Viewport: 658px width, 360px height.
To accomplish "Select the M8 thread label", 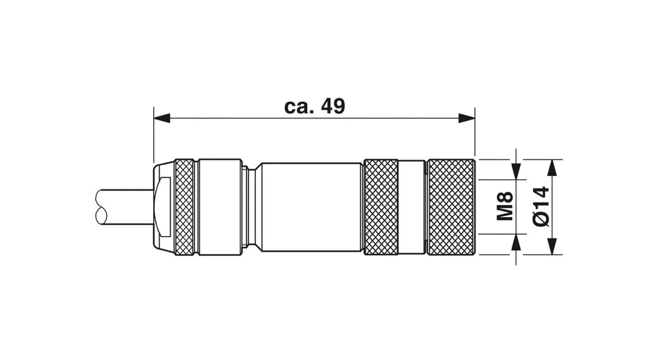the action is pos(505,206).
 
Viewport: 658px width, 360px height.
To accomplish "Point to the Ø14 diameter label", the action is pos(541,206).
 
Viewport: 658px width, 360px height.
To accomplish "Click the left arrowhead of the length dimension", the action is pos(162,118).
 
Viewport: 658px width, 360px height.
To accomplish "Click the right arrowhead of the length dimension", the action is pos(467,118).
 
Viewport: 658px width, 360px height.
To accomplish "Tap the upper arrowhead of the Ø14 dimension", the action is pos(552,168).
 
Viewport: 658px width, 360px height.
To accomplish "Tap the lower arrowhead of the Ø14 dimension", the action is pos(552,246).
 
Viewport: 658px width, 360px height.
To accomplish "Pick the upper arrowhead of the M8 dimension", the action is pos(516,171).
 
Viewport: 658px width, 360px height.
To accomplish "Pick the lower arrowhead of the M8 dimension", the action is pos(516,242).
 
